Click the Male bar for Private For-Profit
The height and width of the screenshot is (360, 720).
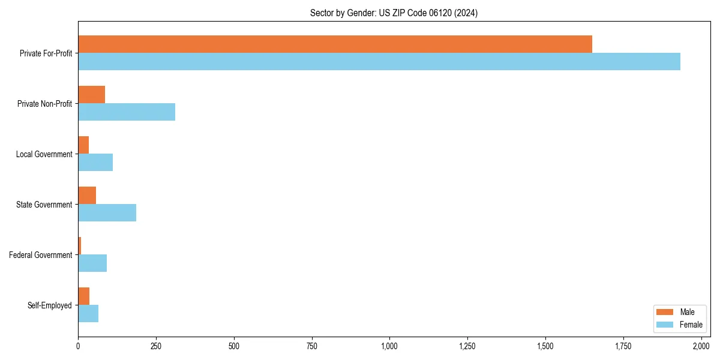pos(335,44)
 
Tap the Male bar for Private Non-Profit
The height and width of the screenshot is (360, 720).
pos(91,95)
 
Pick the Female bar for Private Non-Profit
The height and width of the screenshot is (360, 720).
pos(127,112)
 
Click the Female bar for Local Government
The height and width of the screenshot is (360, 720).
pos(95,163)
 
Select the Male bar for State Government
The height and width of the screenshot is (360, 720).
pos(87,196)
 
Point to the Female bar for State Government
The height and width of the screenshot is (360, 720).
pos(107,213)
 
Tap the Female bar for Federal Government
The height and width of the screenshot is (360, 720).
pos(92,263)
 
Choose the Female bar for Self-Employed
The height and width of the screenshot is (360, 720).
pos(88,314)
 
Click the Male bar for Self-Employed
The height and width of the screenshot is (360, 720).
pos(83,296)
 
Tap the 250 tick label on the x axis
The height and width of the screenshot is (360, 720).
pos(156,346)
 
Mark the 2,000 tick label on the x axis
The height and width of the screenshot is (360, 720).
pos(701,346)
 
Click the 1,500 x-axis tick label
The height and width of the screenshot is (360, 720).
pos(545,346)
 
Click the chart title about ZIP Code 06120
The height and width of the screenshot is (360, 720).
pos(394,13)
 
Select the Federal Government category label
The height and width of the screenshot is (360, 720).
pos(41,255)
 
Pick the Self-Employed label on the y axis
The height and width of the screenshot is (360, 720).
pos(50,305)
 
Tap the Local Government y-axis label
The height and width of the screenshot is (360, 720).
pos(44,154)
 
